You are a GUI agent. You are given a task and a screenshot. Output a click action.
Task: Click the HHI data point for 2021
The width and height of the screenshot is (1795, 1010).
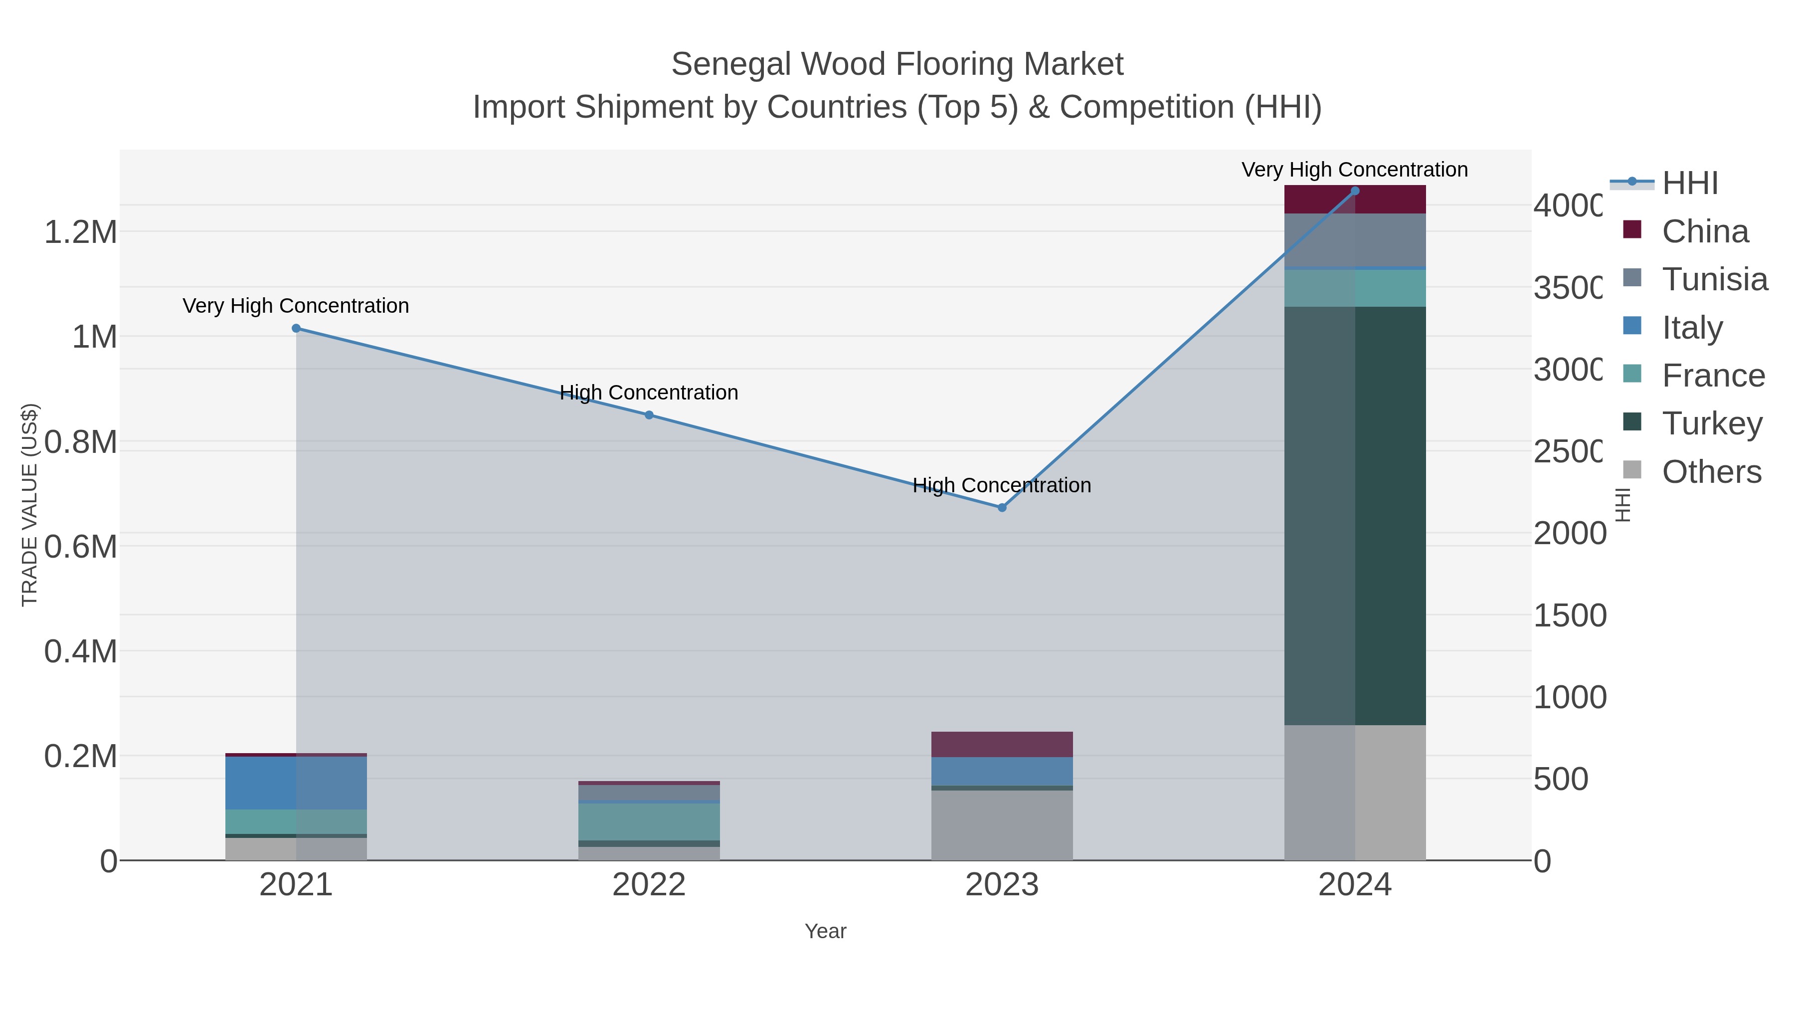(x=296, y=328)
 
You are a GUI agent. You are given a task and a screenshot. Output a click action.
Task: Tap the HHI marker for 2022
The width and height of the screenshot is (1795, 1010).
(x=649, y=415)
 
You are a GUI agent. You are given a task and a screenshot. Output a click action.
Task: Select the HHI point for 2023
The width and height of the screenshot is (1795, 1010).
(x=1002, y=507)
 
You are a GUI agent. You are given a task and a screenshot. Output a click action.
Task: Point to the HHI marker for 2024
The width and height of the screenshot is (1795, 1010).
(x=1355, y=191)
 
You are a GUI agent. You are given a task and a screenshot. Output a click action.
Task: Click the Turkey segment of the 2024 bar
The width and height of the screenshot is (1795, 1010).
(x=1355, y=516)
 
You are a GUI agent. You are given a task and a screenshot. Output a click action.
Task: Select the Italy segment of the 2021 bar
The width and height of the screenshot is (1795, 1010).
(x=296, y=783)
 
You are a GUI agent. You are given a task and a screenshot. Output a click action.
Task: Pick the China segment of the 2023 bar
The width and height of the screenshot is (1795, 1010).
(x=1002, y=745)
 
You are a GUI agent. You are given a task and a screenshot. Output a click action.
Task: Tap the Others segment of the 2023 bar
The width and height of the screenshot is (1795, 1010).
(x=1002, y=825)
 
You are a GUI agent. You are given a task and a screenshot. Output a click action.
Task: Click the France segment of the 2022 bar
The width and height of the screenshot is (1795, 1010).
(x=649, y=822)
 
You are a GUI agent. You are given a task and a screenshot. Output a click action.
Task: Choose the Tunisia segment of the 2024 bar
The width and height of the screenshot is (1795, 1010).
(x=1355, y=240)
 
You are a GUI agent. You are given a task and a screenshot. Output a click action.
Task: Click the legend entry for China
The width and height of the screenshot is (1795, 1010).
(x=1704, y=231)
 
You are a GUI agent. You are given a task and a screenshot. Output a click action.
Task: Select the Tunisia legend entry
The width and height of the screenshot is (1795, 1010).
(x=1714, y=279)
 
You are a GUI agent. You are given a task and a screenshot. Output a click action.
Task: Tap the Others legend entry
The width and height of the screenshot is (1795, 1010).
(x=1711, y=472)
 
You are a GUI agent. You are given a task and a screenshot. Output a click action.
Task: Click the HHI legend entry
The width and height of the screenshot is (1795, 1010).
(x=1689, y=184)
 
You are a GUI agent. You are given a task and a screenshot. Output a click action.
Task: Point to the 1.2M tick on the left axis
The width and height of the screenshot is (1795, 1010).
(x=80, y=232)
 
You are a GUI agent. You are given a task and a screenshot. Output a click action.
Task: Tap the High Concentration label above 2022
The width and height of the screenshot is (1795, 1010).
(x=649, y=393)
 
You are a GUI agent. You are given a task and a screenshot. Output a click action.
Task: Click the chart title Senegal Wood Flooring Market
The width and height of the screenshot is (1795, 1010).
(x=897, y=64)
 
